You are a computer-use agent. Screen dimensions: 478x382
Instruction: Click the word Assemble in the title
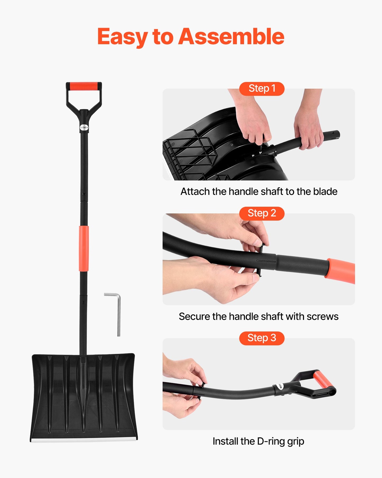pyautogui.click(x=231, y=37)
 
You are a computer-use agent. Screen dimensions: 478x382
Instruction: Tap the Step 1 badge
pyautogui.click(x=262, y=88)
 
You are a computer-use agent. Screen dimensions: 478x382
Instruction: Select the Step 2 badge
pyautogui.click(x=262, y=213)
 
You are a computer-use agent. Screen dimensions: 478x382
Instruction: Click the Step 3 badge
pyautogui.click(x=262, y=338)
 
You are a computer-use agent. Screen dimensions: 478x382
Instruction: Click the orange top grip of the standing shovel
pyautogui.click(x=84, y=86)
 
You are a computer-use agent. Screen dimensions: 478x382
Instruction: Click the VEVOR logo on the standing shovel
pyautogui.click(x=84, y=127)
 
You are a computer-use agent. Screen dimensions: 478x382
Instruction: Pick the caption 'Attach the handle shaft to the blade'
pyautogui.click(x=259, y=191)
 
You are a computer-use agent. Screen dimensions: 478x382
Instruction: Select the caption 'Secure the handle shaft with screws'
pyautogui.click(x=259, y=316)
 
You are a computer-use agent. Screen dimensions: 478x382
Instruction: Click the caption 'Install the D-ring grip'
pyautogui.click(x=258, y=441)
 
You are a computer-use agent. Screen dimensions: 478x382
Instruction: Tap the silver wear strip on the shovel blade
pyautogui.click(x=84, y=440)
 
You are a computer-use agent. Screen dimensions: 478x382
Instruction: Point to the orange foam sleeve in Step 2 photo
pyautogui.click(x=341, y=270)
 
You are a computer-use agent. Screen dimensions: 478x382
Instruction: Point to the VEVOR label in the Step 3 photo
pyautogui.click(x=280, y=386)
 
